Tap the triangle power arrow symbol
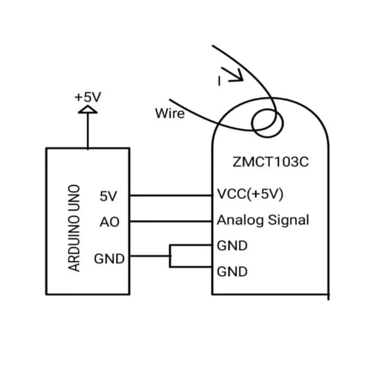point(87,110)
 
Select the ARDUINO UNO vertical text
point(74,228)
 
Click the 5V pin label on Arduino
point(109,196)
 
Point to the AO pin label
point(109,222)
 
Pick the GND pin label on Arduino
point(109,258)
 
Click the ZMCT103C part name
point(270,163)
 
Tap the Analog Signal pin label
point(263,220)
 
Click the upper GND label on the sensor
point(232,246)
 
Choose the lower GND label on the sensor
point(232,271)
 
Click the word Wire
point(170,113)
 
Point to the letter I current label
point(219,81)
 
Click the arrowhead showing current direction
point(237,75)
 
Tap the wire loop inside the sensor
point(266,122)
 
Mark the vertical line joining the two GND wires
point(170,256)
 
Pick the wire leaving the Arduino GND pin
point(149,256)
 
